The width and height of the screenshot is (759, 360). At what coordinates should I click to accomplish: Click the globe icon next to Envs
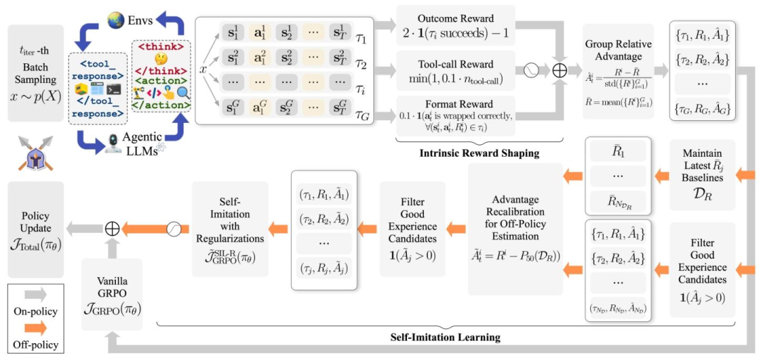pyautogui.click(x=116, y=21)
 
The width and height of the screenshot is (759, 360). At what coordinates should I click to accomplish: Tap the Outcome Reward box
pyautogui.click(x=455, y=25)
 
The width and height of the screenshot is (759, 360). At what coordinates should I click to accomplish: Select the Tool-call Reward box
pyautogui.click(x=455, y=70)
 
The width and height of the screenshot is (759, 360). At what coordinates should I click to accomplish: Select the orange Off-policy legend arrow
pyautogui.click(x=35, y=328)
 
